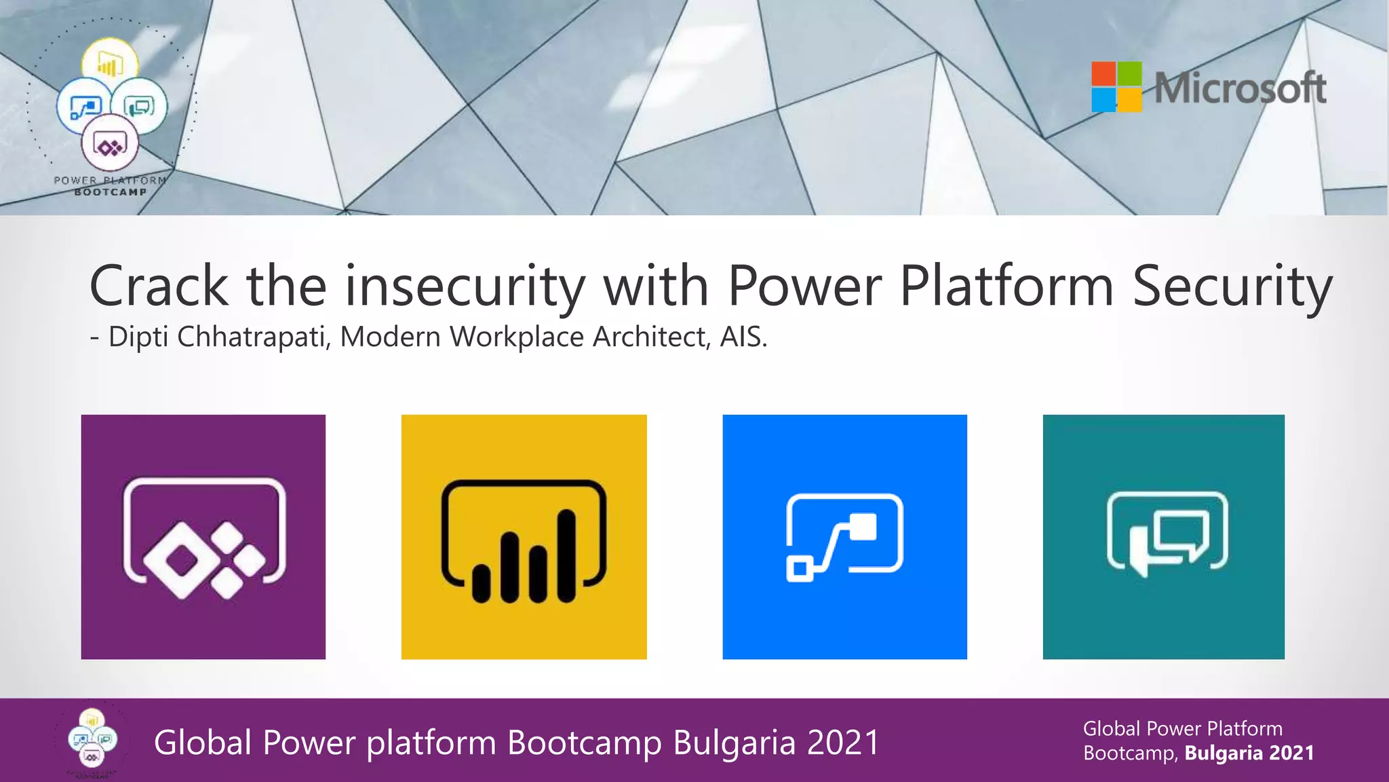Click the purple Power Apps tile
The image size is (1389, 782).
pos(203,536)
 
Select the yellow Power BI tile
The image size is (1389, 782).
pos(524,536)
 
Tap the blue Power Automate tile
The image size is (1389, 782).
pos(844,536)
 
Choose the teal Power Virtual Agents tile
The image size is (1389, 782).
pos(1163,536)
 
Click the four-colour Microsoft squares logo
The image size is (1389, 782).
pos(1116,87)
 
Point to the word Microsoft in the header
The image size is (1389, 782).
pos(1240,88)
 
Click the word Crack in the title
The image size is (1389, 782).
pos(159,286)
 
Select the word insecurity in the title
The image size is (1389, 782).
pos(465,286)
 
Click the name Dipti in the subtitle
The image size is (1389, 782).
pos(138,337)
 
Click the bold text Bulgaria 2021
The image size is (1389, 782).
pos(1249,753)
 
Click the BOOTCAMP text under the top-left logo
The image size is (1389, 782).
pos(110,192)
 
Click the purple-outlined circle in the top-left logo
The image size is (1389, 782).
pos(110,145)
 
